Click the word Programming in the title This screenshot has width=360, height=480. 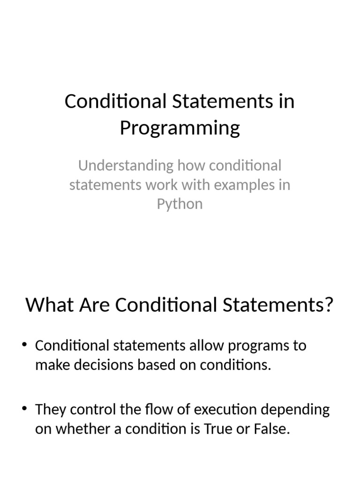pyautogui.click(x=180, y=127)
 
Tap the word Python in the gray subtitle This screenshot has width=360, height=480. pyautogui.click(x=180, y=204)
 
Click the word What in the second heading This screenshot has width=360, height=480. pyautogui.click(x=44, y=305)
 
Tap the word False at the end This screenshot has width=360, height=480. pyautogui.click(x=274, y=429)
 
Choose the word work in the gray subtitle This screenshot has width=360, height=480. pyautogui.click(x=157, y=185)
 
